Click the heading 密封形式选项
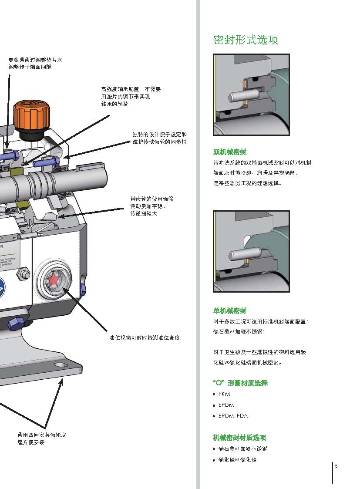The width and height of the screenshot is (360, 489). [x=246, y=40]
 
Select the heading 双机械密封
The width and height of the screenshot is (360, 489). [x=229, y=152]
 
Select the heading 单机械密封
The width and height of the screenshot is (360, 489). [x=229, y=310]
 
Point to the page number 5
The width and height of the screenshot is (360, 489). [x=336, y=466]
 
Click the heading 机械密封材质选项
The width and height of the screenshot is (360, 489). [x=239, y=438]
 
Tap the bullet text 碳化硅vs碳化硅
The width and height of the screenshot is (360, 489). [x=237, y=459]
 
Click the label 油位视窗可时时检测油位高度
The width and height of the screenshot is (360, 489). [x=144, y=338]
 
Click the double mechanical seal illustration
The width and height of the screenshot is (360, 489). [x=251, y=94]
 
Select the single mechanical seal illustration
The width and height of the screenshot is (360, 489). [x=251, y=251]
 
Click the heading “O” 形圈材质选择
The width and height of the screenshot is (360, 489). [x=240, y=383]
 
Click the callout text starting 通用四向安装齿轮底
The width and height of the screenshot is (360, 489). [x=41, y=438]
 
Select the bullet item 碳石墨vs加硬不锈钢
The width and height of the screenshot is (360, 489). [x=243, y=449]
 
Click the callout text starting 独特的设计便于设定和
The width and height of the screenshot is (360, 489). [x=159, y=138]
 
